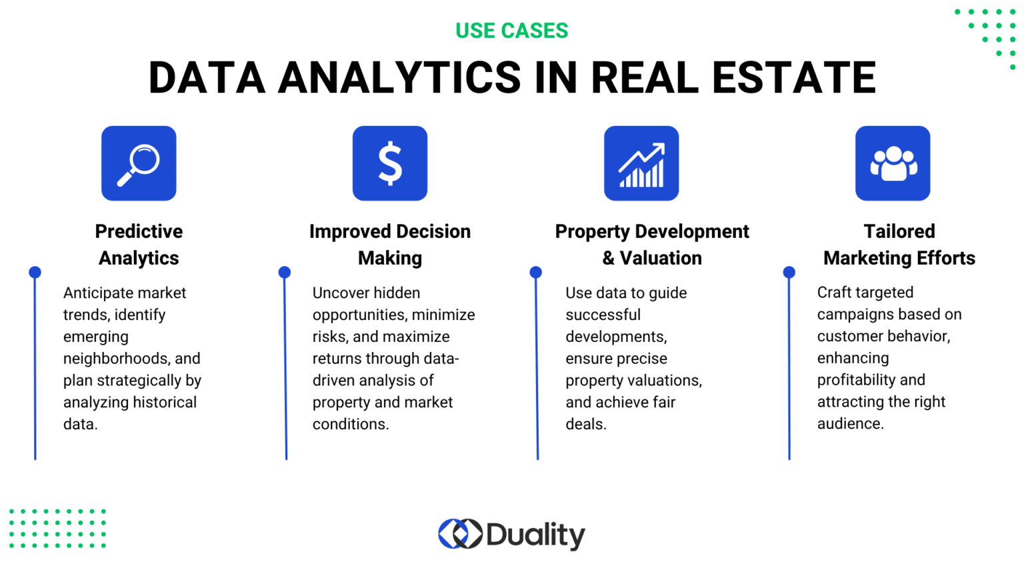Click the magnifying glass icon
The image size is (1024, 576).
139,163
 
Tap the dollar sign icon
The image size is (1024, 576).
390,163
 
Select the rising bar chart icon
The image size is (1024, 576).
641,163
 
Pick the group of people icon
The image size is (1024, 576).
893,163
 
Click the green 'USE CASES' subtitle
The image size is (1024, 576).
511,31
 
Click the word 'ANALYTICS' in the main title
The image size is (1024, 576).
399,77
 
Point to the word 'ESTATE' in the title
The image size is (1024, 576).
793,77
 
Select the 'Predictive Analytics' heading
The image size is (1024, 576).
139,245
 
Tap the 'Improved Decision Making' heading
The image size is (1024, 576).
390,245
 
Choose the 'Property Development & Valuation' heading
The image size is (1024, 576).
652,245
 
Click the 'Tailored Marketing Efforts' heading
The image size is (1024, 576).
899,245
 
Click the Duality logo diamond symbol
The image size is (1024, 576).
460,534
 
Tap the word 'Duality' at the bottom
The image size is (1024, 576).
535,535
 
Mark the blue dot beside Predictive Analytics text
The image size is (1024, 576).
35,272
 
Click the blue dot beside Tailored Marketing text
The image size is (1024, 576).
789,272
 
